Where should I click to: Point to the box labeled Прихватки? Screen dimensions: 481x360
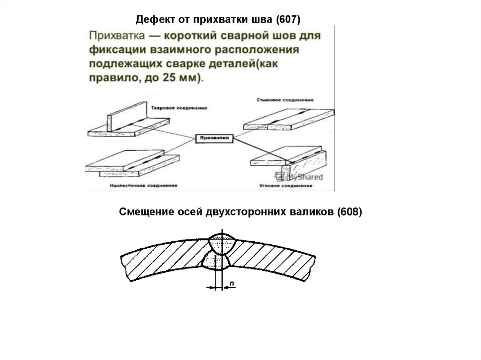214,138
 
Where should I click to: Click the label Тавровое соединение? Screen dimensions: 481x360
179,108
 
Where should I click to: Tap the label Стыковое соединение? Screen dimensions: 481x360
285,100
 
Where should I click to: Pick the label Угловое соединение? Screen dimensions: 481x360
286,186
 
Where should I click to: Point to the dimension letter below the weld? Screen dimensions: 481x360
232,283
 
